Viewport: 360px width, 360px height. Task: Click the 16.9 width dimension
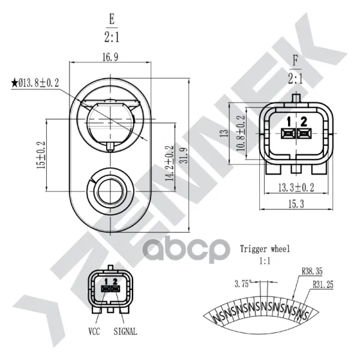coord(110,57)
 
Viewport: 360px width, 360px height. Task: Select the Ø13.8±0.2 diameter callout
coord(38,83)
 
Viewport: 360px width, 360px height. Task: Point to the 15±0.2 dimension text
coord(41,155)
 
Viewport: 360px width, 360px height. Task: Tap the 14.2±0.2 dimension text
coord(170,163)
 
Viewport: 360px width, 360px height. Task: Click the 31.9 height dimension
coord(184,155)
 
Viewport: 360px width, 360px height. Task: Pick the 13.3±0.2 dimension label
coord(296,188)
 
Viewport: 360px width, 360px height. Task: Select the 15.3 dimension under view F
coord(296,203)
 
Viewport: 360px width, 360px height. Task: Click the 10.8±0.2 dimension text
coord(241,133)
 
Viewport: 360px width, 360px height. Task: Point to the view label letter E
coord(112,19)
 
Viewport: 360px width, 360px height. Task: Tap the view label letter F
coord(295,61)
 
